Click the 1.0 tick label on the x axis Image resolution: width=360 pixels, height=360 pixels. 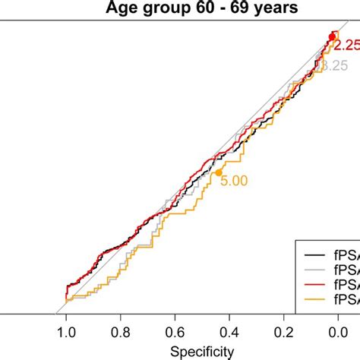click(x=66, y=332)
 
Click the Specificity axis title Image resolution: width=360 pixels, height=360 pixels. click(x=201, y=351)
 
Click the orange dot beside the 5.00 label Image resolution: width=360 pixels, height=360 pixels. click(x=219, y=172)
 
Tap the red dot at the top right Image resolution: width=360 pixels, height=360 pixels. click(x=332, y=36)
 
